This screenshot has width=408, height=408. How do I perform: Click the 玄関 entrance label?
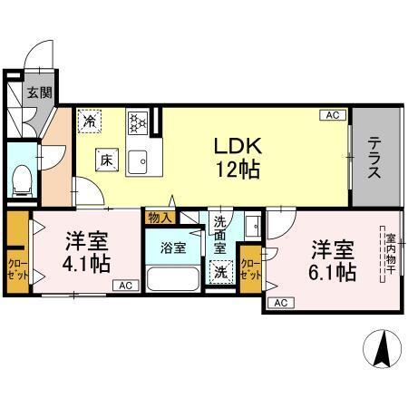click(37, 92)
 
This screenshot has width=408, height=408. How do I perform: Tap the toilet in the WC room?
click(23, 179)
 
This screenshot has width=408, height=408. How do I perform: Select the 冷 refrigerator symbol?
click(91, 118)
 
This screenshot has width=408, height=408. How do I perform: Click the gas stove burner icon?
click(138, 121)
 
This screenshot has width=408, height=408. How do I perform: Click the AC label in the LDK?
click(333, 115)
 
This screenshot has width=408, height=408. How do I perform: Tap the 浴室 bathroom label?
click(172, 245)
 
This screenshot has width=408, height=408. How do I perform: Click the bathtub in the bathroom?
click(171, 277)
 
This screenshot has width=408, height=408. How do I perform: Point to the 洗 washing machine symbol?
click(220, 270)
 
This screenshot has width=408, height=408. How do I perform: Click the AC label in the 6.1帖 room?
click(280, 302)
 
